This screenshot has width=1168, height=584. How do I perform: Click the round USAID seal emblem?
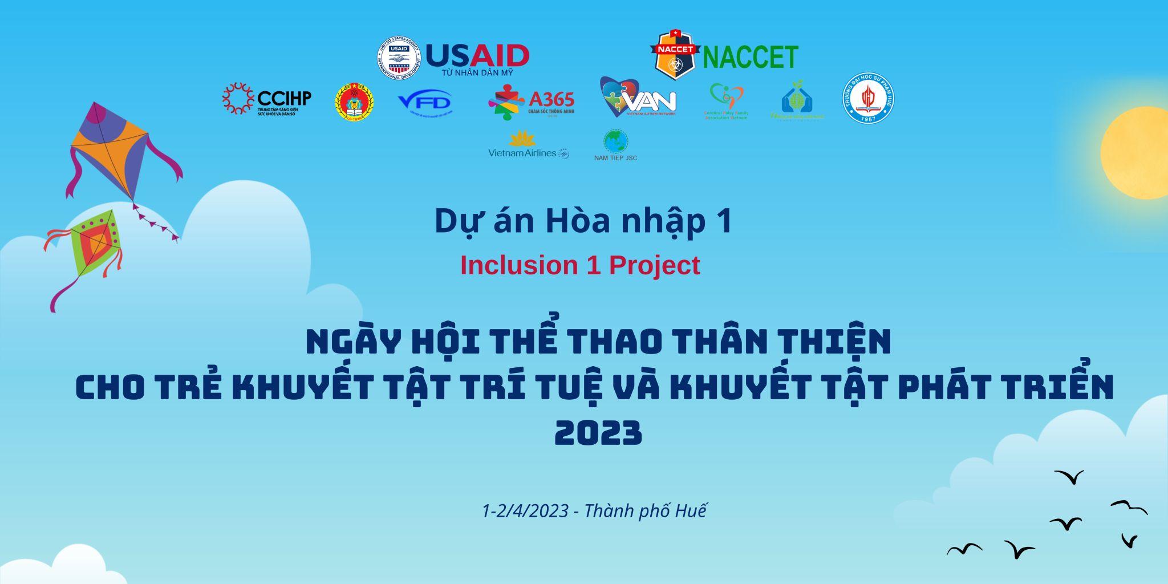pos(399,58)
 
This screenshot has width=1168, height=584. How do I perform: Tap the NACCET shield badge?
pos(675,55)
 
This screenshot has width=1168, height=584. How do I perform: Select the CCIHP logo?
pos(266,99)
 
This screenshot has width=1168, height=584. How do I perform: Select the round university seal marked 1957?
pos(868,98)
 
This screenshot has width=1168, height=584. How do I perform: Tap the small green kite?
pos(96,242)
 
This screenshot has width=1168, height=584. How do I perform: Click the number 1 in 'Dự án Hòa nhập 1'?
pos(724,221)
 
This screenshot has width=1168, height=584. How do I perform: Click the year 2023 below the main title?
pos(598,433)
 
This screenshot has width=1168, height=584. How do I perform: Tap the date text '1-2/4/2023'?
pos(525,510)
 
